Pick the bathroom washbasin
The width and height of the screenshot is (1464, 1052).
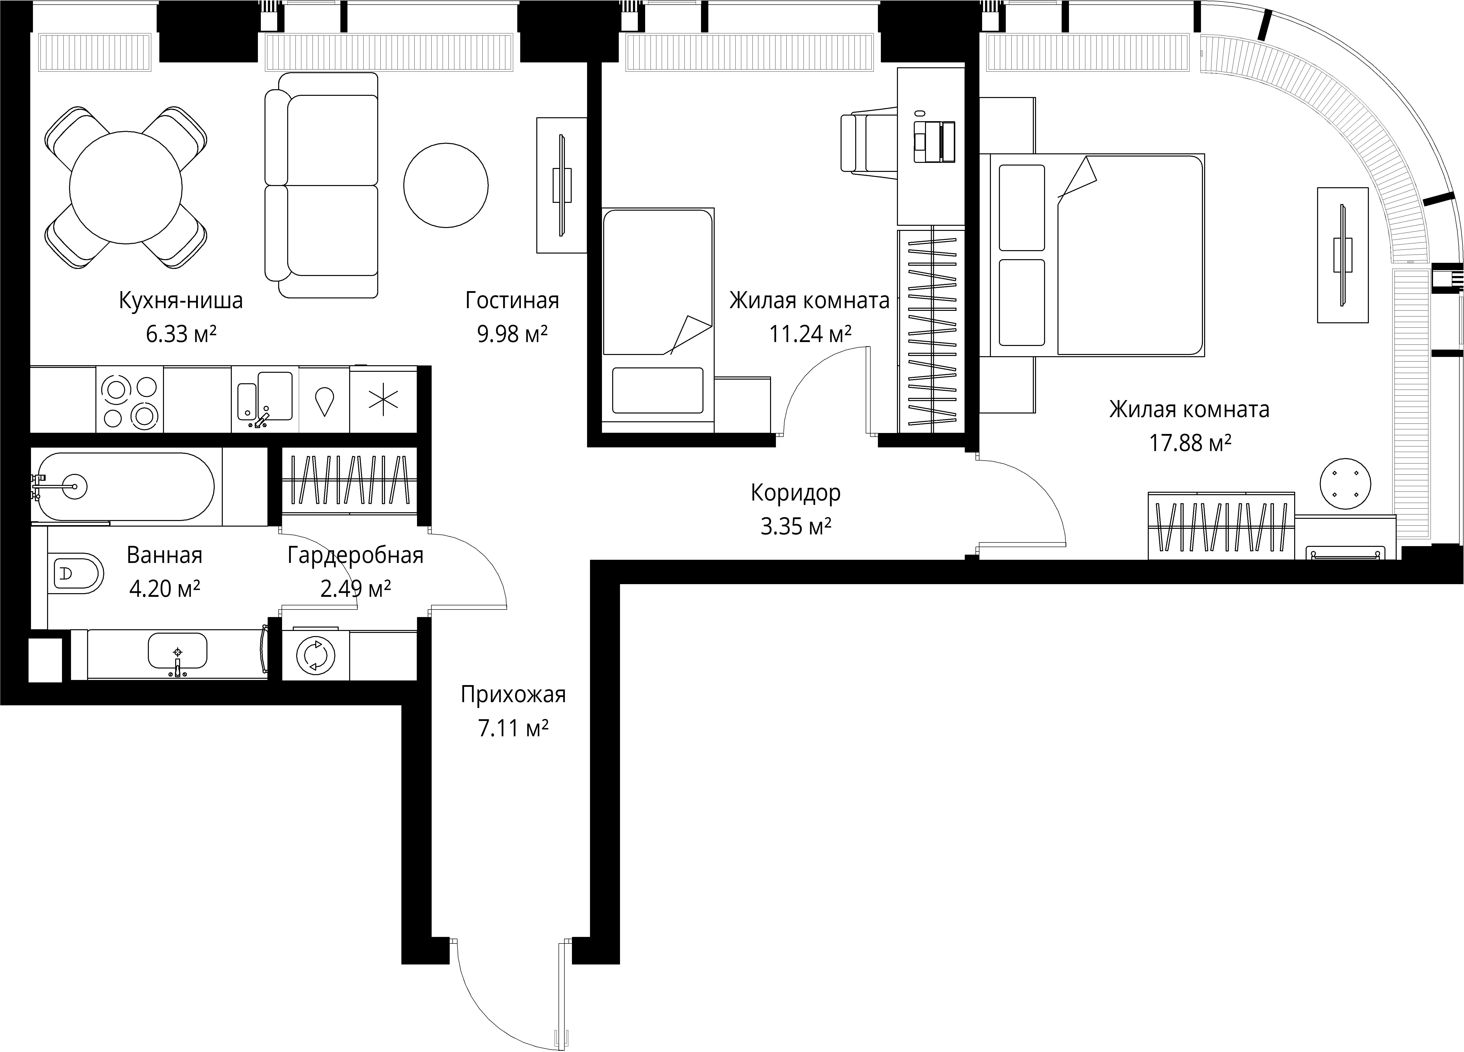(x=178, y=651)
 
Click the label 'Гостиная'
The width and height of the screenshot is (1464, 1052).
(x=512, y=301)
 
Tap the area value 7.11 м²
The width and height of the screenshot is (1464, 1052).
(x=513, y=728)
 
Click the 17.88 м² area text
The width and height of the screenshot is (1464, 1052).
(x=1190, y=442)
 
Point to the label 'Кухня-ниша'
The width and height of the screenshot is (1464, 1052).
(x=181, y=301)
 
